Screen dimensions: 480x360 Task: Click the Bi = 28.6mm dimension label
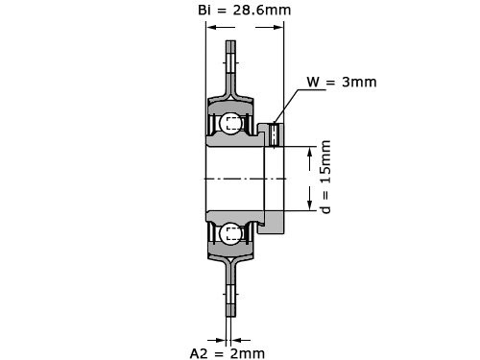click(245, 10)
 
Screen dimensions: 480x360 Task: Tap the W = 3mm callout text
click(342, 82)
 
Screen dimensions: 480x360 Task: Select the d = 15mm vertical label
click(325, 177)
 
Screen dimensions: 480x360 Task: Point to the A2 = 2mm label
click(228, 353)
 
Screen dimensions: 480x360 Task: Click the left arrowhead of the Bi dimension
click(213, 27)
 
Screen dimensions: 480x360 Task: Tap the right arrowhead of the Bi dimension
click(276, 27)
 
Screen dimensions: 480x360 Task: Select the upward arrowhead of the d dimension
click(309, 154)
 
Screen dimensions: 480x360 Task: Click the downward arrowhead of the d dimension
click(309, 204)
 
